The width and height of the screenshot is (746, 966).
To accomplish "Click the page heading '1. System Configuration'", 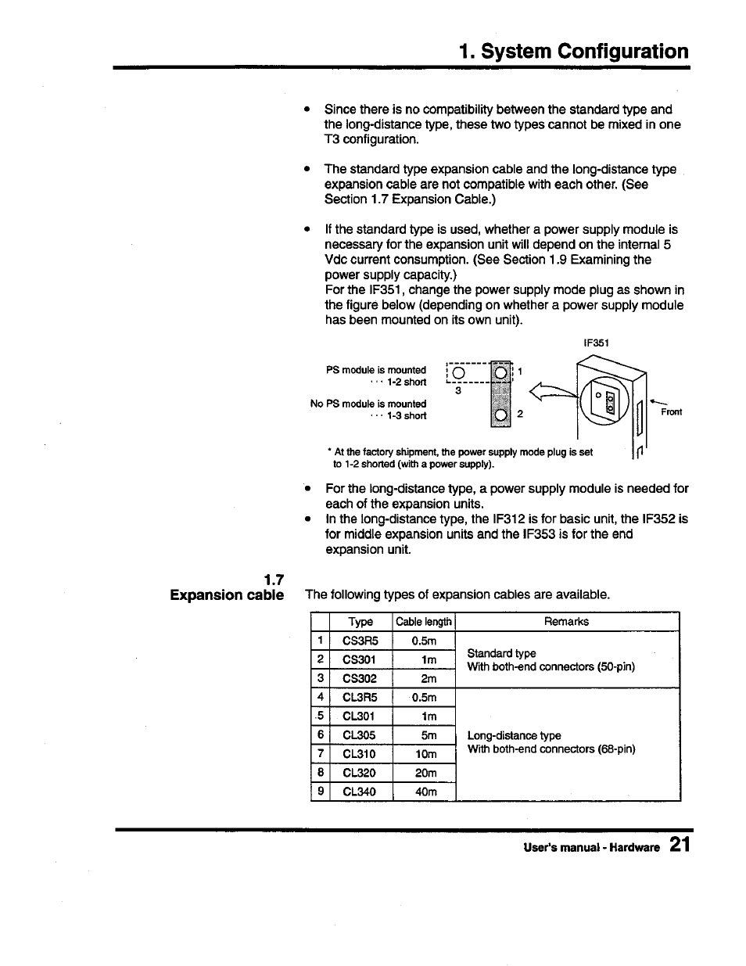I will [x=574, y=52].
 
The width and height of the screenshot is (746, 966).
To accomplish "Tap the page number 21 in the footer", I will [x=679, y=846].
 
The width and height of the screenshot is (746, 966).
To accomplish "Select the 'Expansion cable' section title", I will [x=228, y=595].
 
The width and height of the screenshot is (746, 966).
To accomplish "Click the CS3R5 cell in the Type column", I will [x=360, y=641].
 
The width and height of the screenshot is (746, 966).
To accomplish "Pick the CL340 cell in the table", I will [x=359, y=792].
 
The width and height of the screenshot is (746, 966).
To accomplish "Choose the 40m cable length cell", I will [x=425, y=792].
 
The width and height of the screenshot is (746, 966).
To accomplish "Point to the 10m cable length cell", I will [x=425, y=754].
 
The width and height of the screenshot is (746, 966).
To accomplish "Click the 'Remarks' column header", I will [x=566, y=622].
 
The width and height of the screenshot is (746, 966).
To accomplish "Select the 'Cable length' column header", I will [x=423, y=622].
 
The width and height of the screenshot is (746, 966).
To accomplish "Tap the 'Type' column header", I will [x=360, y=622].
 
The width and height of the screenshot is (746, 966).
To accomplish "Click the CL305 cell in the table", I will [x=359, y=735].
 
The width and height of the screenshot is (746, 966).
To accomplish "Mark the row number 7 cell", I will [x=321, y=754].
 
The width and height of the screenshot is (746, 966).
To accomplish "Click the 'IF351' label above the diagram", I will [x=596, y=343].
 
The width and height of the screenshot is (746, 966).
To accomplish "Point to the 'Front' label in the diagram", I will [x=671, y=412].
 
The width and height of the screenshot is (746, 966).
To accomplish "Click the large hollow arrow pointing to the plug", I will [x=552, y=391].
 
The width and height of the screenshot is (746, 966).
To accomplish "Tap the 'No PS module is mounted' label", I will [x=368, y=404].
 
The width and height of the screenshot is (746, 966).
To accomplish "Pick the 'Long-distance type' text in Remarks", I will [x=514, y=735].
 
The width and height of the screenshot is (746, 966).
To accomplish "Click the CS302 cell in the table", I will [x=359, y=679].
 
